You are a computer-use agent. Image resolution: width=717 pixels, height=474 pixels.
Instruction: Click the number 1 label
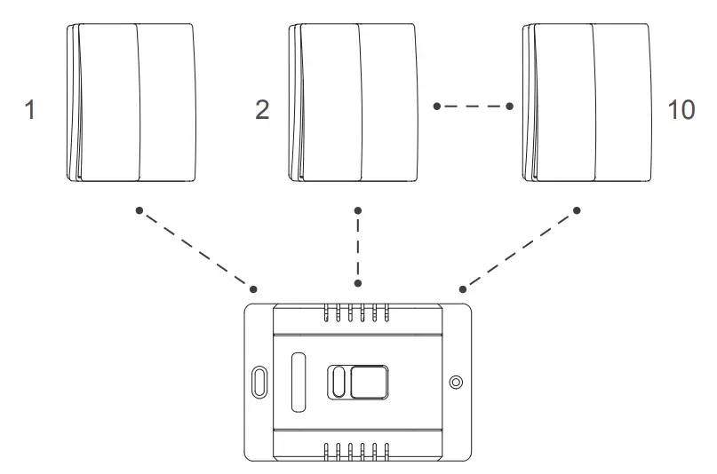coord(32,110)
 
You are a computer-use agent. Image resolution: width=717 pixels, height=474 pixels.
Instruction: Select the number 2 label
coord(262,110)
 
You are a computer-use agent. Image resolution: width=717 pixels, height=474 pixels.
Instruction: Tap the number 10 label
coord(681,110)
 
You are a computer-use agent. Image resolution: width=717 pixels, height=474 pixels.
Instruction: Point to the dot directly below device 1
coord(138,210)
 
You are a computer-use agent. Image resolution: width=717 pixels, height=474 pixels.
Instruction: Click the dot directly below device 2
coord(358,210)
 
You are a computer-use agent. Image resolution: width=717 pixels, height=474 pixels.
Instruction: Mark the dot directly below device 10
coord(577,210)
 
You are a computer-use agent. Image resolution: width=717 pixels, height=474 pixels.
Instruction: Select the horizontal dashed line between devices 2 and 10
coord(473,107)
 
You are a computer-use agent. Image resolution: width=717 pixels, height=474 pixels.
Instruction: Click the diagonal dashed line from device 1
coord(195,249)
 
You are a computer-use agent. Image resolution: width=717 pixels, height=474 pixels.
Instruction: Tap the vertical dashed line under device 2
coord(358,248)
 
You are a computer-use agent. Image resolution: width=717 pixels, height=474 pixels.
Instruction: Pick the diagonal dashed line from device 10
coord(520,249)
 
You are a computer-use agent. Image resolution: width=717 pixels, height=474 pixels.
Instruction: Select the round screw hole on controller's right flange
coord(456,382)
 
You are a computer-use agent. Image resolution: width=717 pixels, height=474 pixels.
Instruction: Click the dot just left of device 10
coord(510,107)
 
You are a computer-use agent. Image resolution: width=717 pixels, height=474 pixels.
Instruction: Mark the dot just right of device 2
coord(436,107)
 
